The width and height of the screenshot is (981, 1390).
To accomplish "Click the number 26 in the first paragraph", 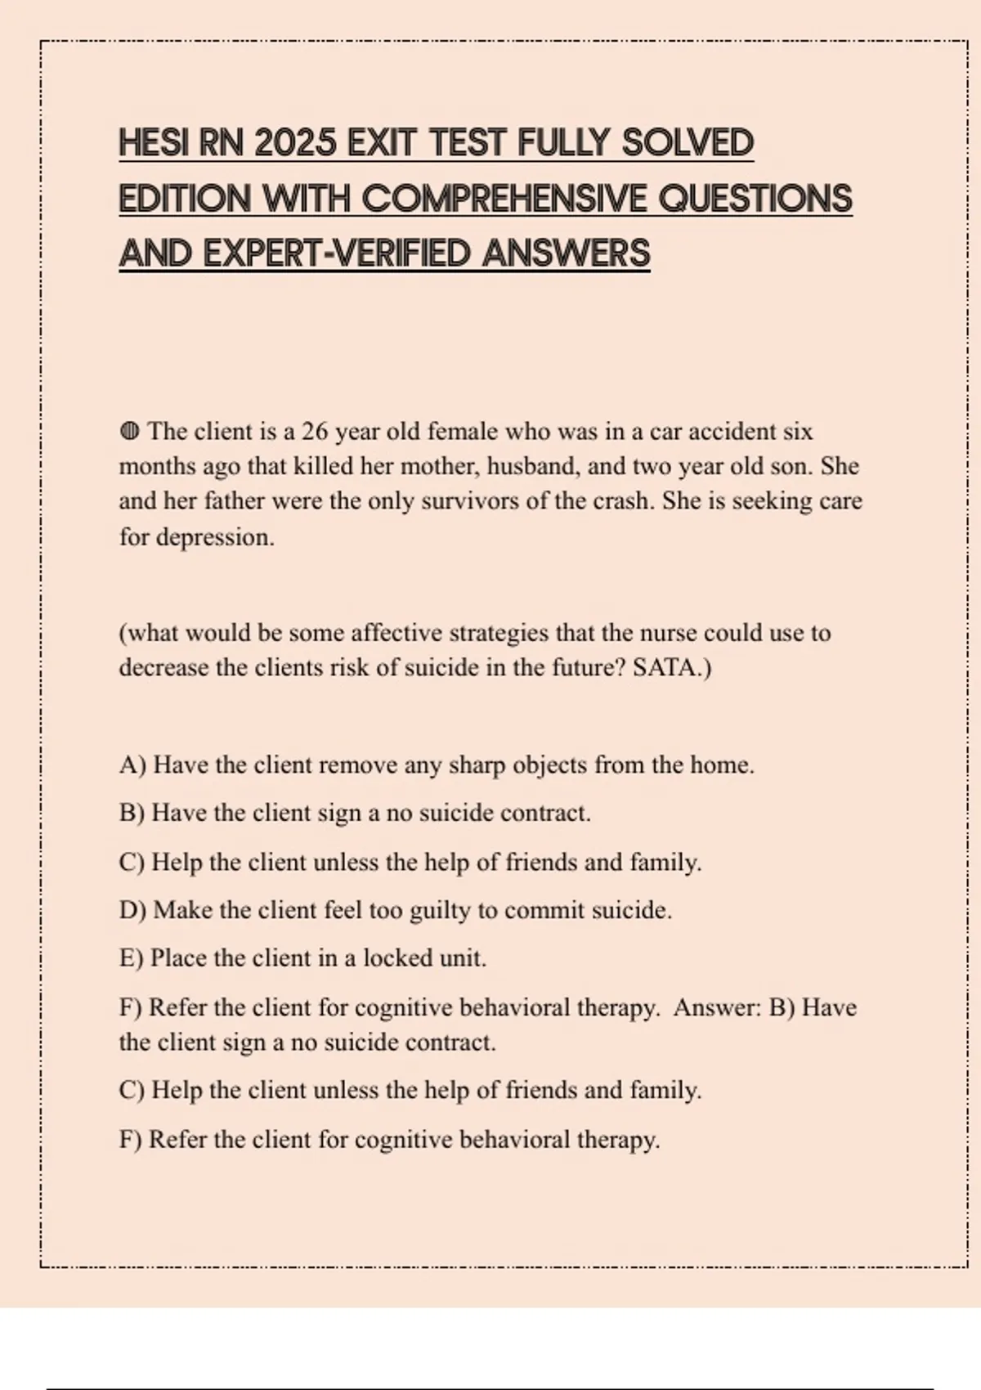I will coord(315,431).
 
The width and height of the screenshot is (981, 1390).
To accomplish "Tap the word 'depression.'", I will coord(215,537).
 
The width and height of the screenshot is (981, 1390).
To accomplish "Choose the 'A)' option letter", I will coord(132,765).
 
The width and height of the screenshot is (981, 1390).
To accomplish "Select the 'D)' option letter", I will coord(132,910).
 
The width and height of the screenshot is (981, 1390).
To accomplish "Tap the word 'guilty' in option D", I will coord(439,910).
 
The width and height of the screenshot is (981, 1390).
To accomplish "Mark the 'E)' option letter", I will coord(131,958).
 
